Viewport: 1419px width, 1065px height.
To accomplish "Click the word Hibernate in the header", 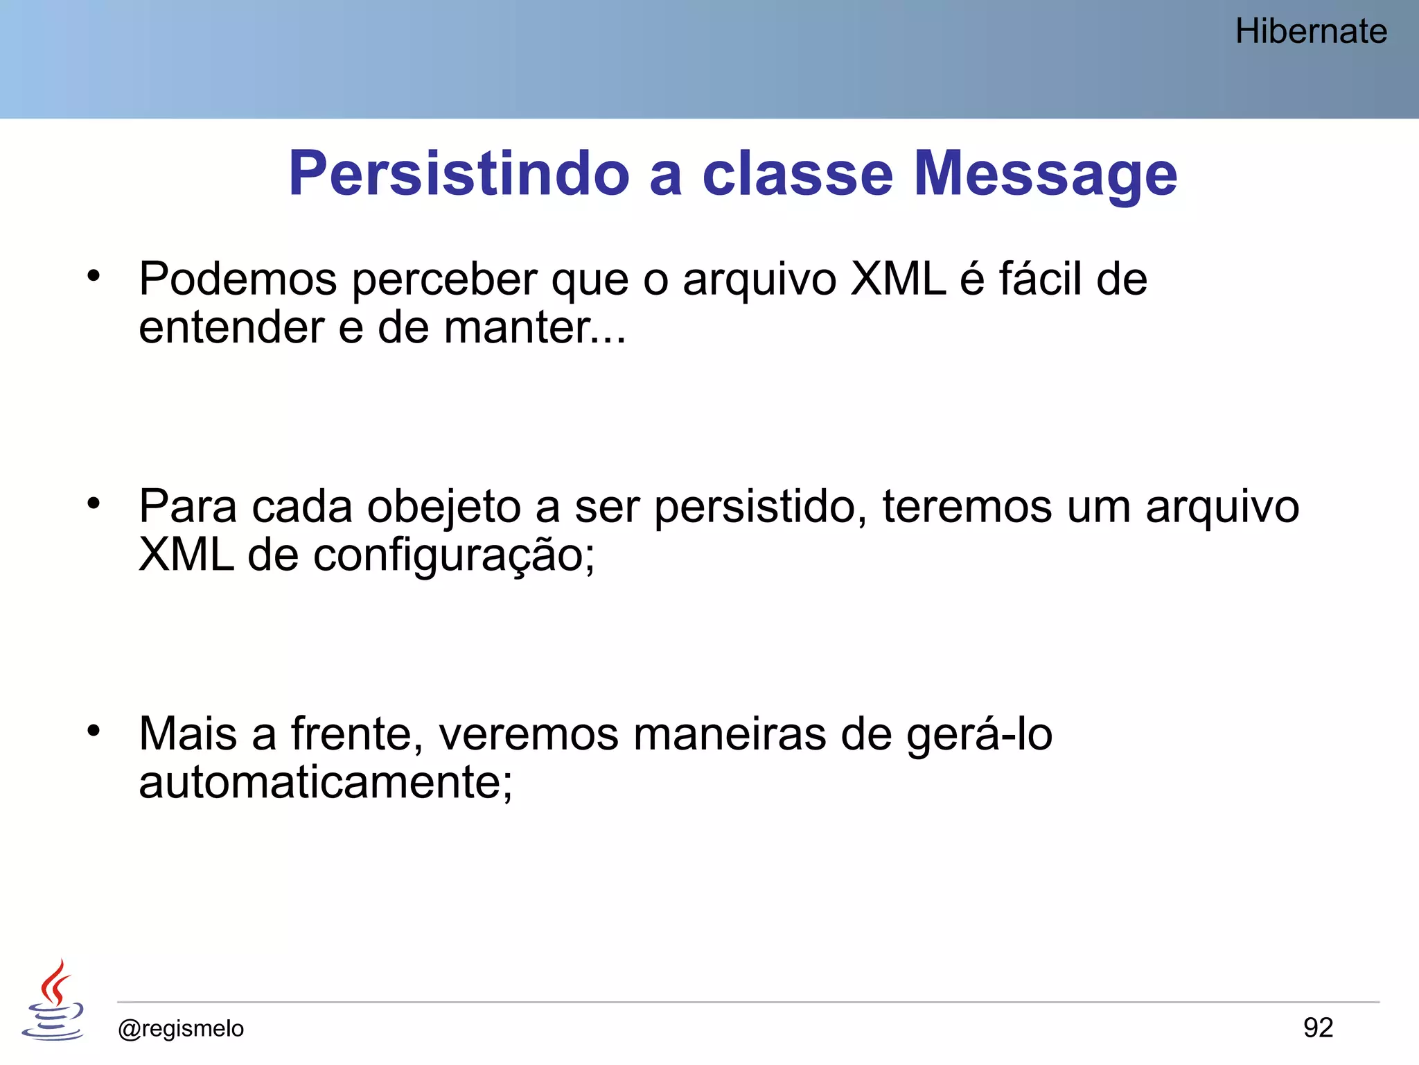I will tap(1311, 32).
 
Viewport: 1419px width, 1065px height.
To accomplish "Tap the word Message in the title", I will tap(1045, 174).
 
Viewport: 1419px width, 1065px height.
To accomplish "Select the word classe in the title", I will tap(797, 174).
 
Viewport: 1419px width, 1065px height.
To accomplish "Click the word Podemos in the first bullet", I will tap(238, 279).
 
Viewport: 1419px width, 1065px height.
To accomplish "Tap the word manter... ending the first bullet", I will tap(534, 328).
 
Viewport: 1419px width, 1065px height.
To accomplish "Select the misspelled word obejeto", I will tap(443, 508).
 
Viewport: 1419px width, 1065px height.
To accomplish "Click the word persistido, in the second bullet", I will tap(760, 508).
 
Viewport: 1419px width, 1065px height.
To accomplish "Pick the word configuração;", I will tap(454, 556).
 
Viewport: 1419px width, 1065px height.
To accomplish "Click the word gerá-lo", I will tap(980, 736).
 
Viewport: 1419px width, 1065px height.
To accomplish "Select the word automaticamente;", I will tap(326, 783).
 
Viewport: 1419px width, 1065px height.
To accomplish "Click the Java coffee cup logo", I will tap(53, 1000).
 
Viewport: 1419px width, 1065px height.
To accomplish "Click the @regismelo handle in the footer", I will tap(181, 1029).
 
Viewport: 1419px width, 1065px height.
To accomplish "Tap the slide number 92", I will tap(1318, 1028).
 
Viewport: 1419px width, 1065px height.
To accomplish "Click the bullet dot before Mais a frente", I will tap(94, 731).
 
